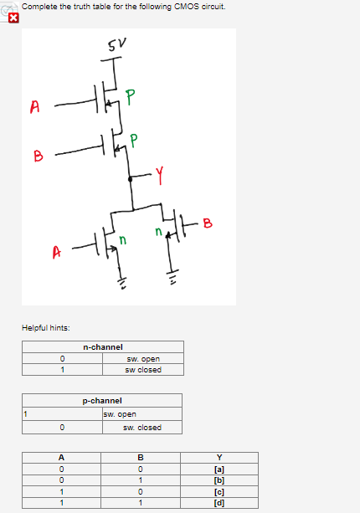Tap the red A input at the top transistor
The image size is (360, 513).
[x=34, y=106]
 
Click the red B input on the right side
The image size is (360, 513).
[x=208, y=223]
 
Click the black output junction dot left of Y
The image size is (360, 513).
[x=130, y=179]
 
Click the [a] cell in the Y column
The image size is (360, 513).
[x=219, y=468]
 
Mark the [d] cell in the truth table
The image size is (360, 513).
[x=219, y=503]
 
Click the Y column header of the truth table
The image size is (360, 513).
[x=219, y=457]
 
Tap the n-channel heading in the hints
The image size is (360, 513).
[x=102, y=346]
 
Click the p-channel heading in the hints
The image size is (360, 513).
[x=102, y=401]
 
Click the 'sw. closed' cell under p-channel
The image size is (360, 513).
[x=142, y=428]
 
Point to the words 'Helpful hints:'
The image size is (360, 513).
[x=45, y=327]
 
